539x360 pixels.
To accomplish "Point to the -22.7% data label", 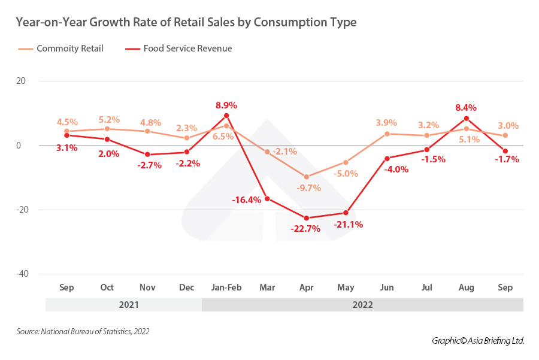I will (x=305, y=228).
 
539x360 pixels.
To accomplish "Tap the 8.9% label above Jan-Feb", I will (x=227, y=105).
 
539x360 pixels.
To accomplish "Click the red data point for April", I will (x=307, y=218).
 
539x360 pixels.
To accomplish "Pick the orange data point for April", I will (x=307, y=177).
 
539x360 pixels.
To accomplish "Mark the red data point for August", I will (x=467, y=118).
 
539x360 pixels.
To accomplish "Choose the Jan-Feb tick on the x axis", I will (x=226, y=288).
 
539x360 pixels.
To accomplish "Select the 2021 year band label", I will (x=129, y=304).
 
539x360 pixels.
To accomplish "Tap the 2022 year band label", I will (x=363, y=304).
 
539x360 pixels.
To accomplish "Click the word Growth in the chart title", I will (x=119, y=23).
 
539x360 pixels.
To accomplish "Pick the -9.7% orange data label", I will (x=308, y=187).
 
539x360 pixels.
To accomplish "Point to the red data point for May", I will (x=347, y=213).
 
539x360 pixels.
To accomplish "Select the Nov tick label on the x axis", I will (x=147, y=288).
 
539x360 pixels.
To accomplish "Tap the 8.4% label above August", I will (x=466, y=108).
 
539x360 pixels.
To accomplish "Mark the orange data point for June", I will (x=387, y=134).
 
